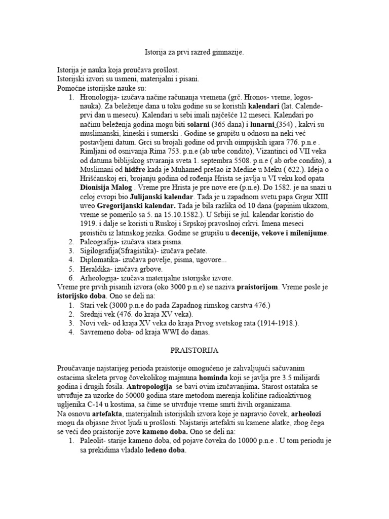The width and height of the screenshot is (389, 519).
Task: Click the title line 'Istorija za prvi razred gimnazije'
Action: [194, 52]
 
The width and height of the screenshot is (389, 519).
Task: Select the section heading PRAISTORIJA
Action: [194, 351]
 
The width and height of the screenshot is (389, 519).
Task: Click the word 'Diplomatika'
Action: [99, 260]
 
